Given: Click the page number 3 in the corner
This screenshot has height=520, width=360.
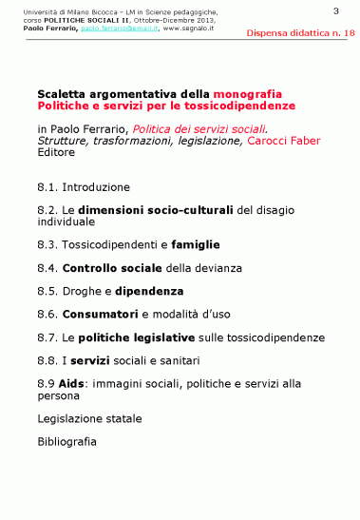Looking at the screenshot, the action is coord(336,10).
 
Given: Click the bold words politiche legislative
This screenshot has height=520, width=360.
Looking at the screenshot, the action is coord(137,337).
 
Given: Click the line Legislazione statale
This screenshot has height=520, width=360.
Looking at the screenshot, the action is coord(89,418).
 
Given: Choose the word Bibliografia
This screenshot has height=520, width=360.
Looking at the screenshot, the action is coord(66,441).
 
